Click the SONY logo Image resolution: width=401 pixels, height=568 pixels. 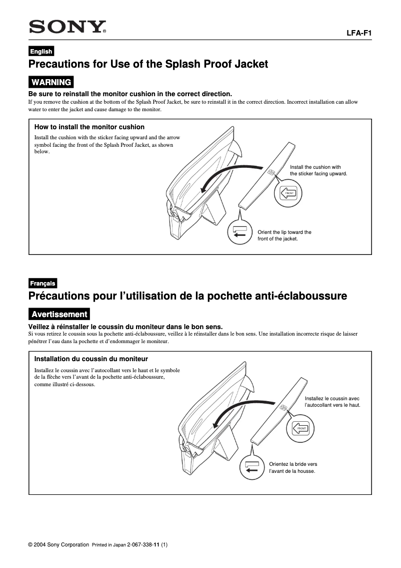(x=67, y=28)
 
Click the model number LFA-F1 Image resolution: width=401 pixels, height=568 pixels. (x=359, y=34)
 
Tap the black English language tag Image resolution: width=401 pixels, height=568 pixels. (x=41, y=51)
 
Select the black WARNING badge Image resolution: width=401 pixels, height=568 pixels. (x=51, y=82)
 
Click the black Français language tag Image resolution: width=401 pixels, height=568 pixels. (x=42, y=283)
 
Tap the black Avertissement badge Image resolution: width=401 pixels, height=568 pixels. (x=59, y=315)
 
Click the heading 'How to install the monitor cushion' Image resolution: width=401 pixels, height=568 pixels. (x=89, y=127)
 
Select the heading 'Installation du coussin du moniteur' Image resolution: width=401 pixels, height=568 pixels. (x=91, y=359)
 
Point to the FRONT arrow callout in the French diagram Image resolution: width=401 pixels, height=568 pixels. (x=301, y=428)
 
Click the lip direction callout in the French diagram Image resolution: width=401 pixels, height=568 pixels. (x=252, y=467)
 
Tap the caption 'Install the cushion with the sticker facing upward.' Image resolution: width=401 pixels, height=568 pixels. (x=318, y=170)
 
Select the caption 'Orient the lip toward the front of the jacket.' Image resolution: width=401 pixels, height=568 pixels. (x=284, y=235)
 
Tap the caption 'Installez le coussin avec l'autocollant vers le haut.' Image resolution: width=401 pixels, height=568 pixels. (x=332, y=401)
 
